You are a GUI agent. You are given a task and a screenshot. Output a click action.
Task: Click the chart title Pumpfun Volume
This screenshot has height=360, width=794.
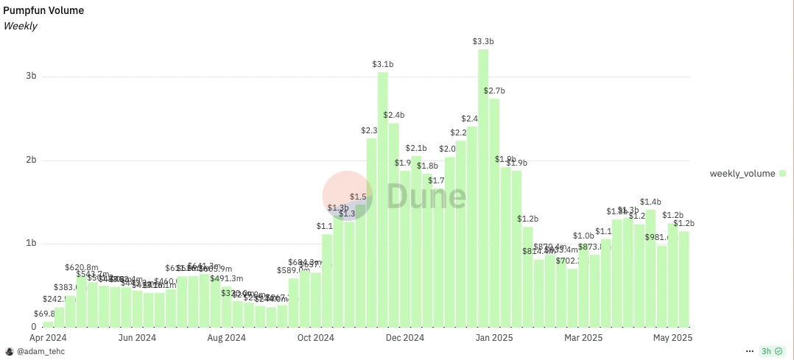43,10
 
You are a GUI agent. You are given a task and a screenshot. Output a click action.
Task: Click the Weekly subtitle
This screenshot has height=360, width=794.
21,26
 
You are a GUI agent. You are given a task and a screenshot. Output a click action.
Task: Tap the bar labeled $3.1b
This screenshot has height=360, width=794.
382,199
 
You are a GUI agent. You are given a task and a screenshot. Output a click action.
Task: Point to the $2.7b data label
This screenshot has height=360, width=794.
494,91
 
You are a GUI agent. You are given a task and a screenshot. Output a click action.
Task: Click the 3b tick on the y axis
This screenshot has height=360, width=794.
29,77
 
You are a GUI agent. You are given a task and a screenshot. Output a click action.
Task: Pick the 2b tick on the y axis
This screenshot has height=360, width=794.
29,160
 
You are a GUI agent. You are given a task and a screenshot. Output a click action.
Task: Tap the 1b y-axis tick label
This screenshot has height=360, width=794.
29,244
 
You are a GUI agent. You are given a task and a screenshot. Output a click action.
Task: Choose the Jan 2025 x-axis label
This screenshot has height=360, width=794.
494,338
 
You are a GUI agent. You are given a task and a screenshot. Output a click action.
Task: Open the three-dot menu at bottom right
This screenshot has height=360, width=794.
751,351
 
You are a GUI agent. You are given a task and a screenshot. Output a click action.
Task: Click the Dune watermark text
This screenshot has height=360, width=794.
426,196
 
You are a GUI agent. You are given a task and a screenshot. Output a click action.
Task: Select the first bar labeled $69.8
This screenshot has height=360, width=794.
48,324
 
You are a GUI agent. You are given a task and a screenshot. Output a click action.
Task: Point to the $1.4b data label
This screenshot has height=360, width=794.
650,201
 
